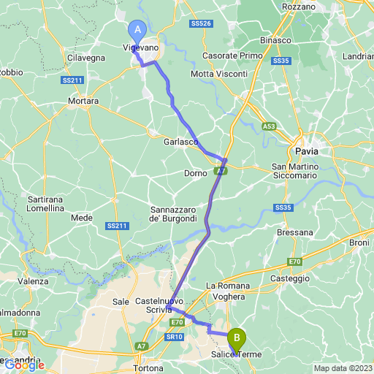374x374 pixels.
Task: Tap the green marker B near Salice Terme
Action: tap(236, 338)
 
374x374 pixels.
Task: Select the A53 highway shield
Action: tap(270, 126)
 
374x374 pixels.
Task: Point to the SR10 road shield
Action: tap(174, 336)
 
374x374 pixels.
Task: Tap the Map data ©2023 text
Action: tap(343, 368)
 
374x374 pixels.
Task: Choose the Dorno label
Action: tap(196, 173)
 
